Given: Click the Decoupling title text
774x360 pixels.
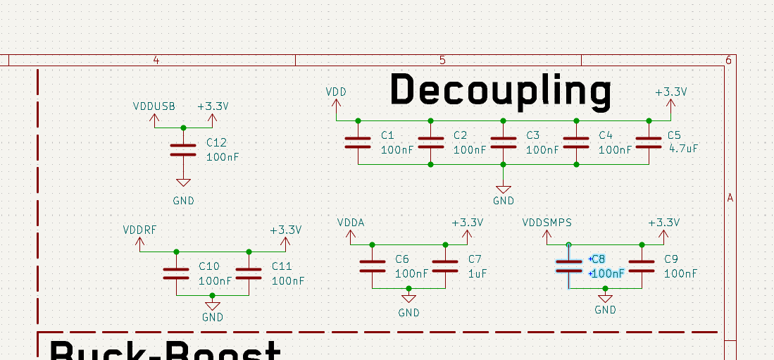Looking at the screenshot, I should pyautogui.click(x=501, y=91).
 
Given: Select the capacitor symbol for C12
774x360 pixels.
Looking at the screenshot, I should pyautogui.click(x=183, y=149).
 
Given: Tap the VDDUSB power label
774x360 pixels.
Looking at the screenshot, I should pyautogui.click(x=154, y=106).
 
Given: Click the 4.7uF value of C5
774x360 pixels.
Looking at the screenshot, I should pyautogui.click(x=683, y=149).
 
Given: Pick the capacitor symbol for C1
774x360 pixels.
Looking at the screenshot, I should pyautogui.click(x=358, y=142).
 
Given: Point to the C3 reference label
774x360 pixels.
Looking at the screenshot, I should pyautogui.click(x=532, y=135).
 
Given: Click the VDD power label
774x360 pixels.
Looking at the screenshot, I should pyautogui.click(x=336, y=92).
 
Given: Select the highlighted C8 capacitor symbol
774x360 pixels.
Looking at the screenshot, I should pyautogui.click(x=569, y=266).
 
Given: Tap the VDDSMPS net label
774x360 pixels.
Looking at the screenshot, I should pyautogui.click(x=547, y=223).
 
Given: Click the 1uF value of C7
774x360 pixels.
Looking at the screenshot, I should pyautogui.click(x=477, y=273).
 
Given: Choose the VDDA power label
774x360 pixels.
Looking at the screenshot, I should pyautogui.click(x=351, y=223).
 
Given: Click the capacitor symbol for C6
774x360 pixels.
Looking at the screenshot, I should pyautogui.click(x=372, y=266).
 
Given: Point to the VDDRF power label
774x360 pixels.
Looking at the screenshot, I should pyautogui.click(x=140, y=230).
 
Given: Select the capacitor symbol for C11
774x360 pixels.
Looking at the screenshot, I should pyautogui.click(x=249, y=273).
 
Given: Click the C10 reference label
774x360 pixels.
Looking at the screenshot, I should pyautogui.click(x=209, y=266).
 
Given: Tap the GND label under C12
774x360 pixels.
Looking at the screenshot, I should pyautogui.click(x=183, y=201).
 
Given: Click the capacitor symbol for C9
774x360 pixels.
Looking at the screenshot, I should pyautogui.click(x=642, y=266).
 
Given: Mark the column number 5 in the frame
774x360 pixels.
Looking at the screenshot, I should pyautogui.click(x=442, y=60).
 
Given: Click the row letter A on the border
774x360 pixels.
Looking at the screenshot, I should pyautogui.click(x=730, y=198).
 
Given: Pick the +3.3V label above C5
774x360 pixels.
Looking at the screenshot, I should pyautogui.click(x=670, y=92).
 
